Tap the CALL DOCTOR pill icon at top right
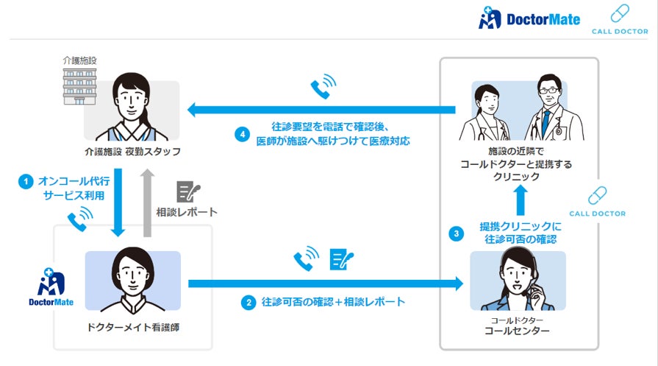(619, 15)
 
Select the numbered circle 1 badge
(26, 181)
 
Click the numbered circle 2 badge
(248, 302)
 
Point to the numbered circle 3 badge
(457, 234)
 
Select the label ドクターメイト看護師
(132, 326)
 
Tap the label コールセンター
(518, 331)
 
